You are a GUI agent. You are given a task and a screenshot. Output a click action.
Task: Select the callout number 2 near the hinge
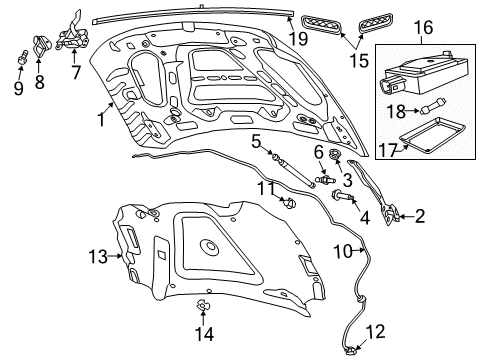point(420,214)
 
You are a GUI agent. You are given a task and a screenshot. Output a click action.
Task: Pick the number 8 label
point(40,82)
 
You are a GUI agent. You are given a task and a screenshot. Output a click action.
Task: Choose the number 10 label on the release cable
point(343,251)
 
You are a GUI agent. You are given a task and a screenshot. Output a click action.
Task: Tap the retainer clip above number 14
point(203,306)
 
